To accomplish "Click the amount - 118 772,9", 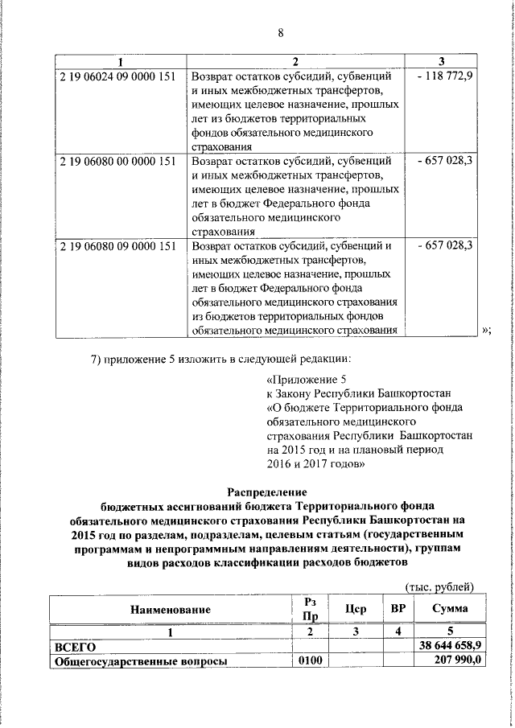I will (x=445, y=77).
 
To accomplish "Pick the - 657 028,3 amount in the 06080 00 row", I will (x=445, y=162).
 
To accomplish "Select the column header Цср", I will (x=355, y=609).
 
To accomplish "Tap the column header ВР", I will (x=398, y=609).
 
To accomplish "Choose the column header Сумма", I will (x=450, y=609).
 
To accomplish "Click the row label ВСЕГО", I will (x=75, y=647).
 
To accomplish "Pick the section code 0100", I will (x=310, y=661).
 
